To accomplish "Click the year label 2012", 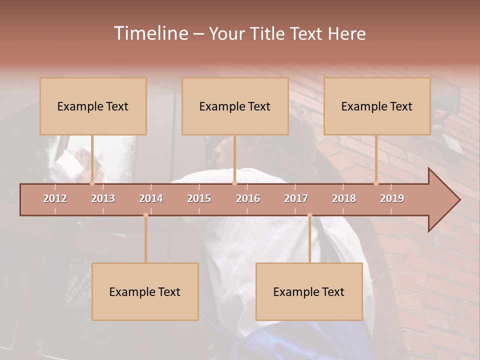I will point(55,198).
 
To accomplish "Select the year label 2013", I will point(103,198).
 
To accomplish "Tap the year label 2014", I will point(151,198).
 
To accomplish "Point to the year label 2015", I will point(199,198).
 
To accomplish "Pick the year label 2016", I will point(248,198).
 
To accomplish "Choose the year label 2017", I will point(296,198).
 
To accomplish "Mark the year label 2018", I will point(344,198).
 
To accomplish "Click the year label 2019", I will point(392,198).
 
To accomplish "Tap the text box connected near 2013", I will point(93,106).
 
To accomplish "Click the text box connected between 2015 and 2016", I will point(235,106).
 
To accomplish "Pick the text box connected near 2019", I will point(377,106).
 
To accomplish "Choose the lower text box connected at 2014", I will point(145,291).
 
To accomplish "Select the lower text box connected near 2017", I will point(309,291).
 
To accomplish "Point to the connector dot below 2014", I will point(145,215).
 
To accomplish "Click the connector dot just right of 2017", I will point(309,215).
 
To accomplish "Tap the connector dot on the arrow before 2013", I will point(92,183).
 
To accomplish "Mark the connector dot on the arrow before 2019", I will point(376,183).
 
